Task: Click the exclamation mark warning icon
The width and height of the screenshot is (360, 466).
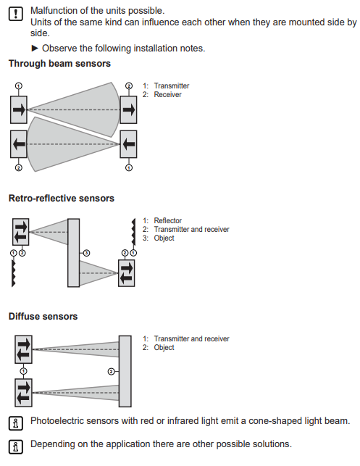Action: point(15,14)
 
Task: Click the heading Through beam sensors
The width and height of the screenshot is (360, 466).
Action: point(59,64)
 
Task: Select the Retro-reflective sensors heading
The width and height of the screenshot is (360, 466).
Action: point(61,199)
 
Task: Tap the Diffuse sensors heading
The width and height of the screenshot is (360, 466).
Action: point(43,316)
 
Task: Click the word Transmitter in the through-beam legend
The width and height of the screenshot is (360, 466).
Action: point(172,86)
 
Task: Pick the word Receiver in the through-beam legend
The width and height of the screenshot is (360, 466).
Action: point(167,94)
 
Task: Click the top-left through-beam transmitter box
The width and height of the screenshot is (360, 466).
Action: point(19,109)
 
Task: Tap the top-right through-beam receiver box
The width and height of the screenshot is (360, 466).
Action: point(128,109)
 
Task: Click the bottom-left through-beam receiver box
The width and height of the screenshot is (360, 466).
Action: point(19,144)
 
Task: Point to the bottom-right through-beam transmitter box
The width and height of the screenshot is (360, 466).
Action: point(128,144)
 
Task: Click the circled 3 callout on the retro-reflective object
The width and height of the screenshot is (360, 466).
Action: point(86,253)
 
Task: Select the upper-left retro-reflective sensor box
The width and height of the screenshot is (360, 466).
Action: point(21,232)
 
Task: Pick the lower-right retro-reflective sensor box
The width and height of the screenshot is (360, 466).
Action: point(127,273)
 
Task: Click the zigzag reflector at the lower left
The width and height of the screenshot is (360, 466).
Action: point(13,273)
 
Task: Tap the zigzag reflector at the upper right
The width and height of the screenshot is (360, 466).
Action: point(134,232)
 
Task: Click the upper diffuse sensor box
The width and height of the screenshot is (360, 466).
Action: point(23,349)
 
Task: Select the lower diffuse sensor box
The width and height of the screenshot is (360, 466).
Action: point(23,393)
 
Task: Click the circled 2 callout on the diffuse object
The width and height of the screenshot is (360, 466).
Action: point(111,372)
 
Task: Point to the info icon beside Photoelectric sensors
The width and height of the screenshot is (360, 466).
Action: point(15,423)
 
